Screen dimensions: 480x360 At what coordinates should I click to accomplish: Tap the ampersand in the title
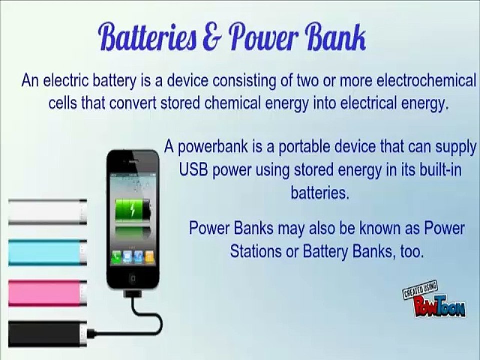pos(211,38)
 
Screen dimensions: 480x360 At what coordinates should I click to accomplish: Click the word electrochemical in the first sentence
pos(426,81)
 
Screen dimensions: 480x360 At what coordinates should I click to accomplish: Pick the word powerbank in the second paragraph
pos(213,147)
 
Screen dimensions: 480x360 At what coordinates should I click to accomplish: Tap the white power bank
pos(48,212)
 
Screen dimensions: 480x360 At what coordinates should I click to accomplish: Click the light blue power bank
pos(48,253)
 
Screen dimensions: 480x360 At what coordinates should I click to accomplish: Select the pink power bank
pos(48,293)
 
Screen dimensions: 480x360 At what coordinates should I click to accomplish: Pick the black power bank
pos(48,334)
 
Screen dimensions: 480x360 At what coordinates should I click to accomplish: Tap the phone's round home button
pos(133,279)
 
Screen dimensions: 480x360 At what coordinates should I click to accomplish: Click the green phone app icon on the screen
pos(116,257)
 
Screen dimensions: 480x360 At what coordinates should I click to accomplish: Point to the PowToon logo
pos(434,301)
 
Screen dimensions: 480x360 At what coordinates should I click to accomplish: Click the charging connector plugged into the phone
pos(132,293)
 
